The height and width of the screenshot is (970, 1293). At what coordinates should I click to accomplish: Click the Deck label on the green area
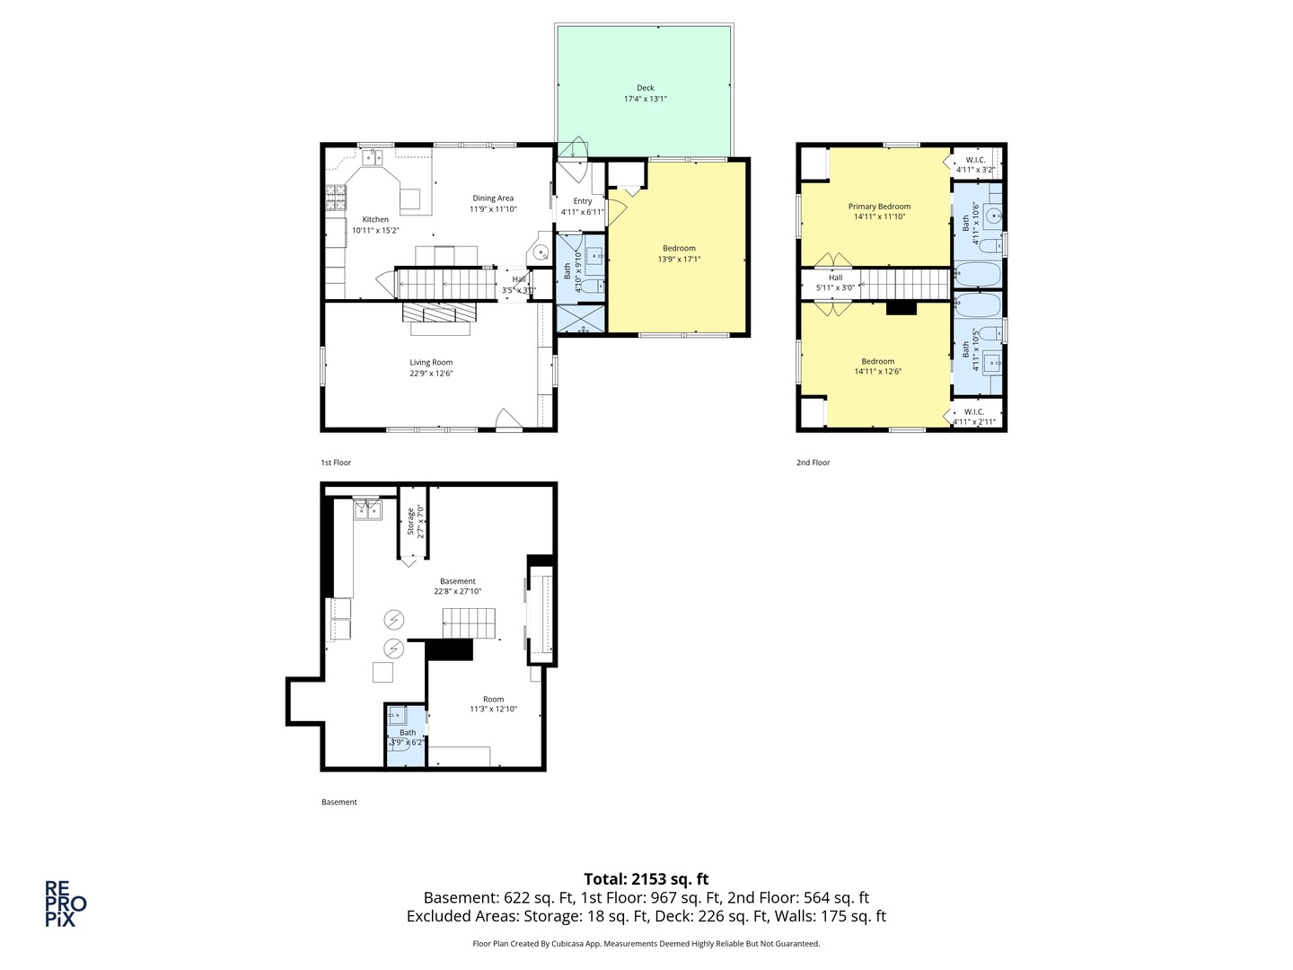click(645, 88)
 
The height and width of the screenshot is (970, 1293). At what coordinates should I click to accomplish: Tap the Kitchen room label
click(375, 219)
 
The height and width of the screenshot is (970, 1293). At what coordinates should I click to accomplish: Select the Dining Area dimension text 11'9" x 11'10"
click(493, 209)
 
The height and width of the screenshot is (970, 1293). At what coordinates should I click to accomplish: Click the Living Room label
click(431, 363)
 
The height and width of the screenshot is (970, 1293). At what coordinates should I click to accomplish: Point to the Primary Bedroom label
click(879, 207)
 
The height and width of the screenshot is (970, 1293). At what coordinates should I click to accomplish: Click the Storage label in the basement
click(411, 521)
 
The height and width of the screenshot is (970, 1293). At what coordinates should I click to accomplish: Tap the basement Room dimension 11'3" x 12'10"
click(493, 710)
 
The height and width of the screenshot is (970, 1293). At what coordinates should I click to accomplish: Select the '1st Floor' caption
click(336, 463)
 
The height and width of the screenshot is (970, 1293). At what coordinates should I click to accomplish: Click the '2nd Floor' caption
click(813, 463)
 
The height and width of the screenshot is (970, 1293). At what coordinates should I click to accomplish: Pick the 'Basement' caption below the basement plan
click(339, 802)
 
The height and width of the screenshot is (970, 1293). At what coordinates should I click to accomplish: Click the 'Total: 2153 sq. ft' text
click(646, 879)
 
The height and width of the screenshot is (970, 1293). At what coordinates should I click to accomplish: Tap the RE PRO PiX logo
click(66, 903)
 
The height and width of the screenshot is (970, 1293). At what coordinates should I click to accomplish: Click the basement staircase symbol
click(469, 622)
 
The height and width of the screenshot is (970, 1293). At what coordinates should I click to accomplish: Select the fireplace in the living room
click(439, 313)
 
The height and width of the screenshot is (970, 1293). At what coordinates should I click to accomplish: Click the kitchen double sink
click(373, 158)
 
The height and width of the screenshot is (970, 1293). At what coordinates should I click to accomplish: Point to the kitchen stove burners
click(336, 198)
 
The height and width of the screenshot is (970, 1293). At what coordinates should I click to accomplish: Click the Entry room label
click(582, 201)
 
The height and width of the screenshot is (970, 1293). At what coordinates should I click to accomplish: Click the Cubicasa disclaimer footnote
click(646, 944)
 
